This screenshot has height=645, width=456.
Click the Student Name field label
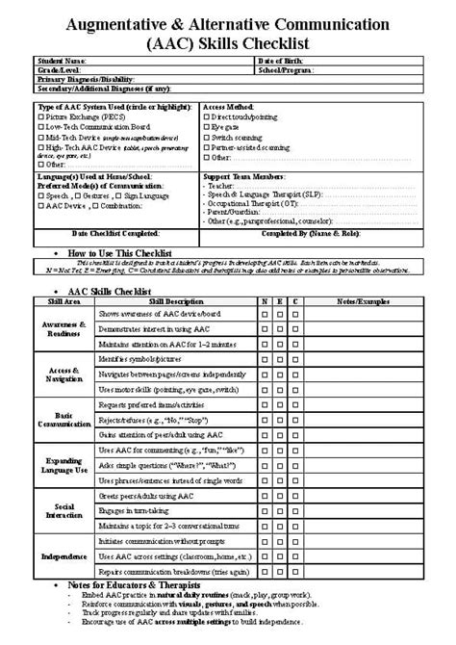pos(56,60)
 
